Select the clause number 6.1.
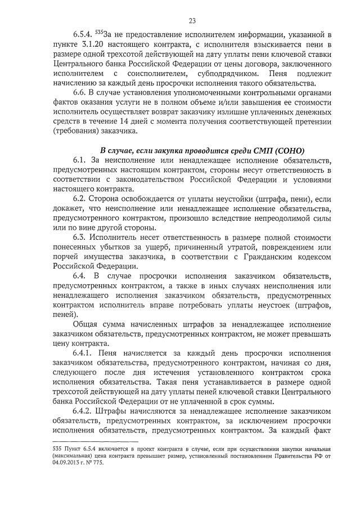click(x=82, y=161)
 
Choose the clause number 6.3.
click(x=82, y=236)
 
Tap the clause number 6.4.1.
click(x=85, y=352)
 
